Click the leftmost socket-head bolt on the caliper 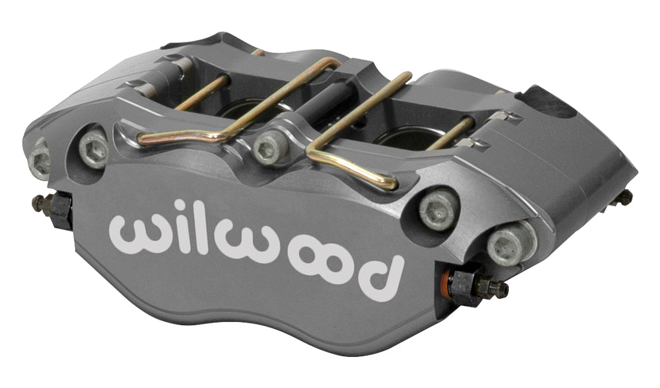(x=38, y=159)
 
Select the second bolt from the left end (x=94, y=148)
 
